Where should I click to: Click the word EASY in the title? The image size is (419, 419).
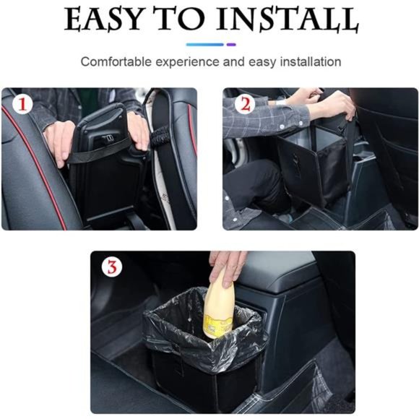pos(108,20)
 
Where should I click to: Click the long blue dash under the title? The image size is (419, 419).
pos(204,45)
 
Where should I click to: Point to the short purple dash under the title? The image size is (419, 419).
pos(231,45)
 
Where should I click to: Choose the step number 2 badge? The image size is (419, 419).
pos(245,105)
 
